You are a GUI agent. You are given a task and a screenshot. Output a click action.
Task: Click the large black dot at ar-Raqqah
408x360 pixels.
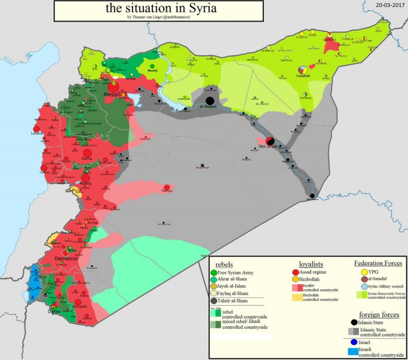(209, 101)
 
